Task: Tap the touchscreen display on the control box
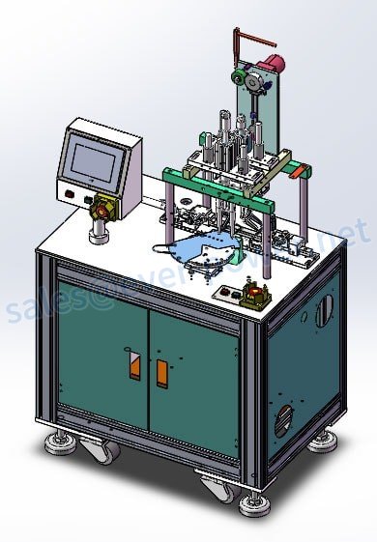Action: click(x=93, y=156)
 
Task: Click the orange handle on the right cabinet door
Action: click(x=161, y=372)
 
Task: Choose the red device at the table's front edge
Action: click(x=255, y=293)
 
